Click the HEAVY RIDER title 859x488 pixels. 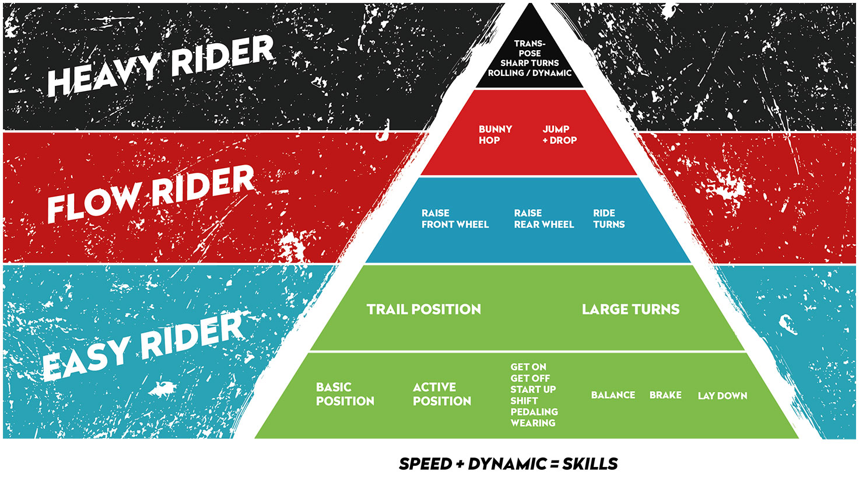point(160,65)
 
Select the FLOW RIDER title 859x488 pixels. point(150,194)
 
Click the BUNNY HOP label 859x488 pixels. point(495,134)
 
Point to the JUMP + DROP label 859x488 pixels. point(559,134)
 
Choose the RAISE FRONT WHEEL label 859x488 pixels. point(455,218)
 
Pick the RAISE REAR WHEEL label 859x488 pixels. point(544,218)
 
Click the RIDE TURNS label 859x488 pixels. point(609,218)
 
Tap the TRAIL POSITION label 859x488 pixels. point(424,309)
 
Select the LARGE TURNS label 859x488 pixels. point(630,309)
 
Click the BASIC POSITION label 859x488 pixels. point(345,394)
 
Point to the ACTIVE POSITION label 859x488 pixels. point(442,394)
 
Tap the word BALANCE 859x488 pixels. point(613,395)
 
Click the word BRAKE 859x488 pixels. point(665,395)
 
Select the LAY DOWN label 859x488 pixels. point(723,395)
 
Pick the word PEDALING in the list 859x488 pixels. point(534,412)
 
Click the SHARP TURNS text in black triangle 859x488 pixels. point(530,62)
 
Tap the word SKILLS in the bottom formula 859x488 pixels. point(590,464)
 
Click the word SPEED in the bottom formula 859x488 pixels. point(426,464)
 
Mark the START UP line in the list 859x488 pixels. point(533,389)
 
